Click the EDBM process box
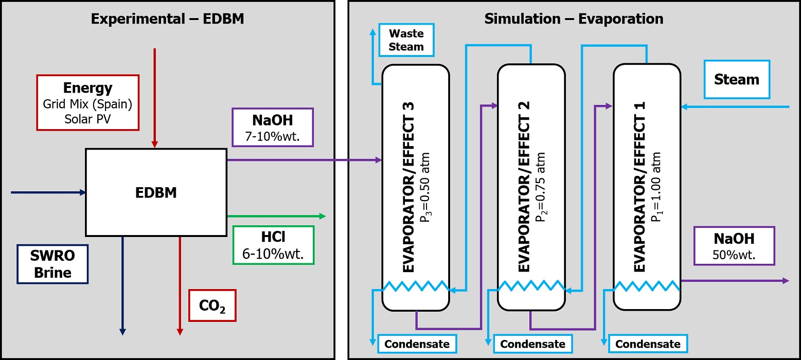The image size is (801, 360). [155, 192]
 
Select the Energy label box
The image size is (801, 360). [87, 102]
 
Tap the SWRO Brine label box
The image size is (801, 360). [52, 264]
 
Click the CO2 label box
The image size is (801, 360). [212, 305]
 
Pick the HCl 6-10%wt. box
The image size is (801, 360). [273, 245]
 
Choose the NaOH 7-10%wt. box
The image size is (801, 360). [273, 127]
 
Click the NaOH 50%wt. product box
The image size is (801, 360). [734, 246]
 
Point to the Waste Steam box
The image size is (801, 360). [406, 40]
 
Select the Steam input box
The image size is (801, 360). [737, 80]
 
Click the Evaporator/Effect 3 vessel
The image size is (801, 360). [415, 188]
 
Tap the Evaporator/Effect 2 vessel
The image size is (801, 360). [531, 188]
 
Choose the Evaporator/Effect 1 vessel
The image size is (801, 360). [647, 188]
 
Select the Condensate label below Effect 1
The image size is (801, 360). [648, 344]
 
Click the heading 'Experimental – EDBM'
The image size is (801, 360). [167, 20]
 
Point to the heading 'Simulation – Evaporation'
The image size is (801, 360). [574, 20]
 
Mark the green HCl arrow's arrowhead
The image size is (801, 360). [323, 216]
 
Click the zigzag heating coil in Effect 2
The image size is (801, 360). [531, 286]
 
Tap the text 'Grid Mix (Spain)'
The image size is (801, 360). [87, 105]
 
